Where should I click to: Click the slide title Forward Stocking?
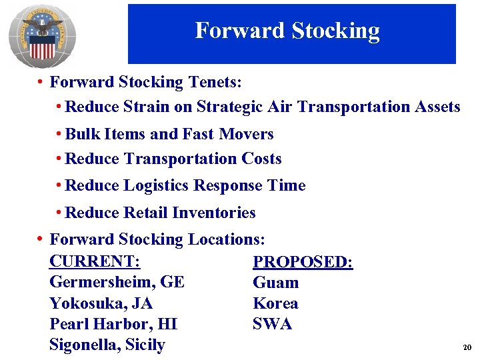[287, 31]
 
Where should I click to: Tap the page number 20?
[466, 348]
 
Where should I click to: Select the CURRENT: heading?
[99, 261]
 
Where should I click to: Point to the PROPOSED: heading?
[303, 262]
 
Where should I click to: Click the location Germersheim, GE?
[117, 282]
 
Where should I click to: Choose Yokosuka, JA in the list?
[101, 303]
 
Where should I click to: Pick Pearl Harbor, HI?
[113, 324]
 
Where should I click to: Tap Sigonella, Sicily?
[107, 345]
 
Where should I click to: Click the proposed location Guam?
[275, 283]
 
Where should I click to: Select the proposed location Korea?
[275, 303]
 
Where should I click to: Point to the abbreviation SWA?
[272, 324]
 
